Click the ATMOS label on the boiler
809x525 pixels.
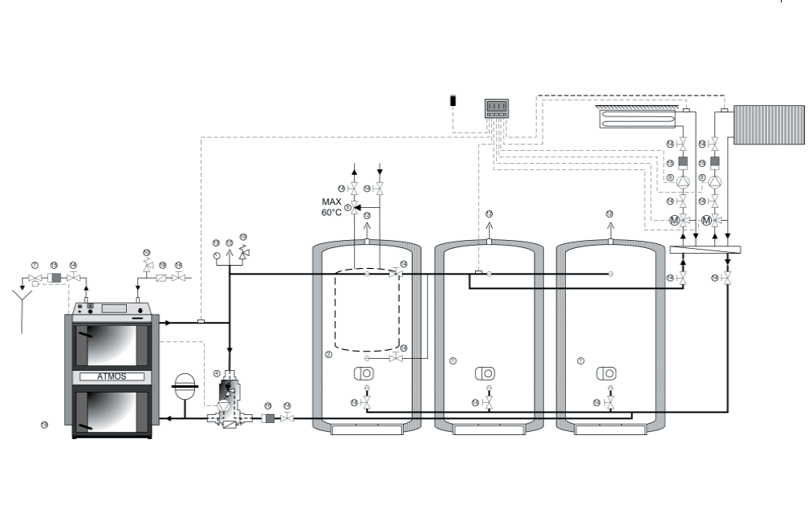(x=112, y=376)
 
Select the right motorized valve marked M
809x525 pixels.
(x=707, y=220)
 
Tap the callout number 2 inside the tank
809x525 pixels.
(x=328, y=354)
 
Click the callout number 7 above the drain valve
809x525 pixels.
(x=35, y=264)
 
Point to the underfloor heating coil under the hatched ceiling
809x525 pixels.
(x=638, y=120)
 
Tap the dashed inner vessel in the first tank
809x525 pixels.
(x=367, y=309)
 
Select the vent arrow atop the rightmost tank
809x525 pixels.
(x=609, y=228)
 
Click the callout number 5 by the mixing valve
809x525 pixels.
(x=348, y=208)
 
